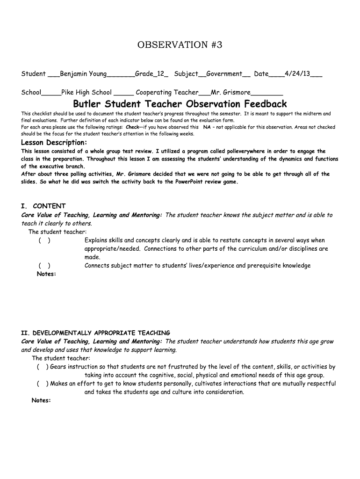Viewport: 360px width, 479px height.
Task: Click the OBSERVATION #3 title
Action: pyautogui.click(x=180, y=45)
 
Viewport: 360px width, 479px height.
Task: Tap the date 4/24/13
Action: pyautogui.click(x=297, y=74)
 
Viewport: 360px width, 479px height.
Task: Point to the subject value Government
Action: pyautogui.click(x=224, y=74)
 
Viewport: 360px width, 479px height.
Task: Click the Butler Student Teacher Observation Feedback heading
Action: pyautogui.click(x=180, y=104)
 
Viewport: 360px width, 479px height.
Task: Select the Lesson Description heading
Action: pyautogui.click(x=54, y=142)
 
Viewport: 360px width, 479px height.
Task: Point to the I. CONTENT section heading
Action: pyautogui.click(x=43, y=206)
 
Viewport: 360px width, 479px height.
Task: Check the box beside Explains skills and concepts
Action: pyautogui.click(x=45, y=240)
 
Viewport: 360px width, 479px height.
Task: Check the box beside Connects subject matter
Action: pyautogui.click(x=45, y=266)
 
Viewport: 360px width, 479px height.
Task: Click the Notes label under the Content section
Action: pyautogui.click(x=46, y=274)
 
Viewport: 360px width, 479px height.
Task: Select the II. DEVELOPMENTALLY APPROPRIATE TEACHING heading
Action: pyautogui.click(x=96, y=333)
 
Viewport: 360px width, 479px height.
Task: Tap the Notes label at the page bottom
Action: pyautogui.click(x=41, y=400)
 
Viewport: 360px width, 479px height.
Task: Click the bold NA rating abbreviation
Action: pyautogui.click(x=207, y=127)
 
